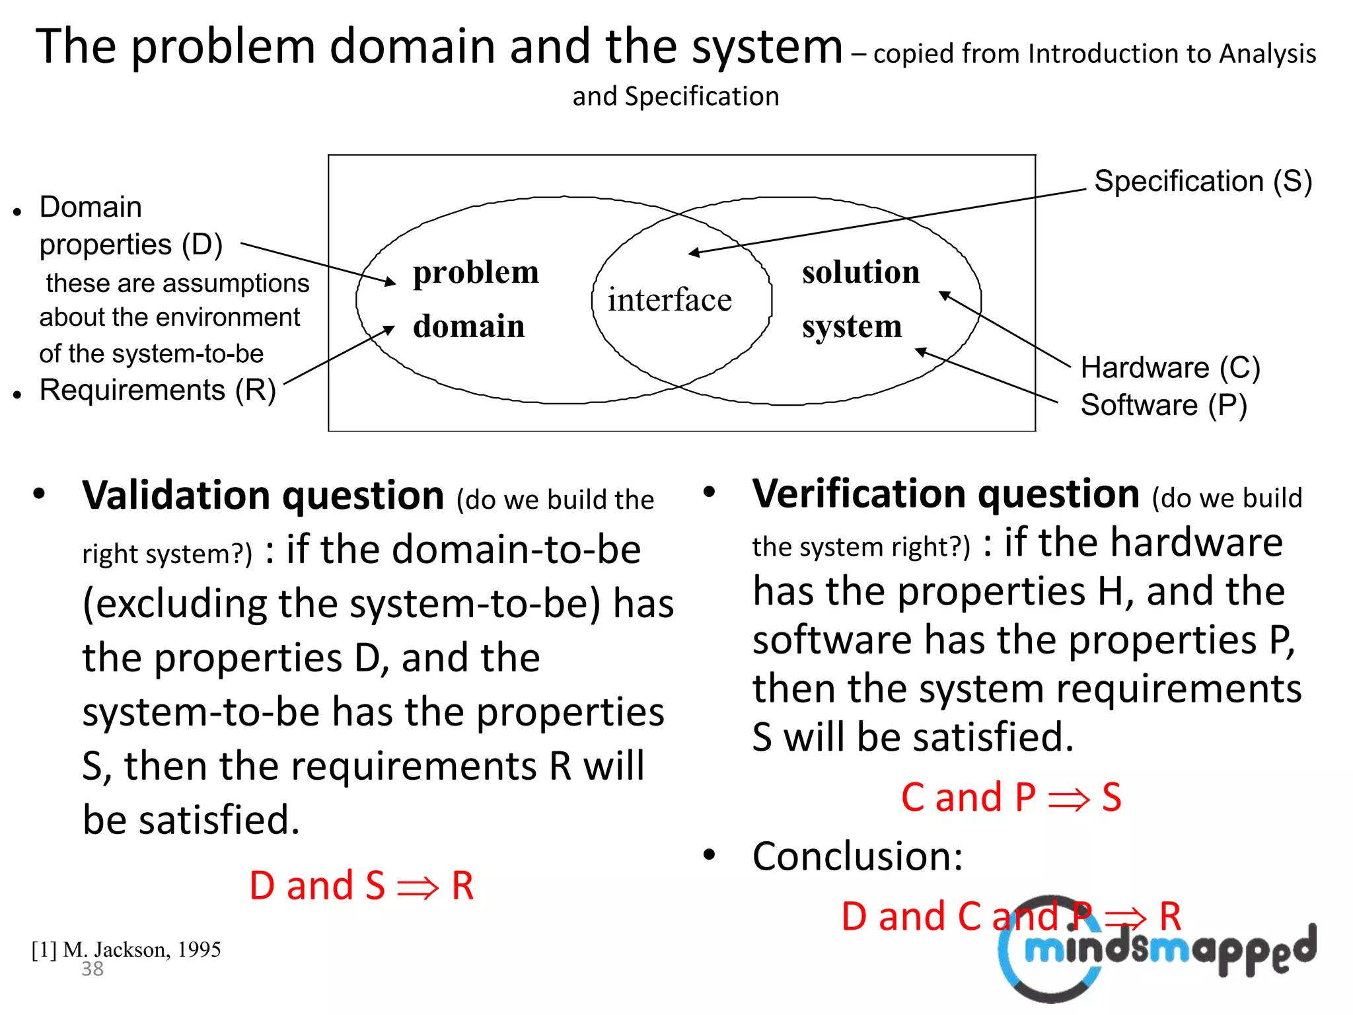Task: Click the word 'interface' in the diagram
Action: pos(669,300)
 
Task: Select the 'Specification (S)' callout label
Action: pos(1202,181)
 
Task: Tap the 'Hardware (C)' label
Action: pos(1170,367)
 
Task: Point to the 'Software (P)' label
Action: pos(1163,405)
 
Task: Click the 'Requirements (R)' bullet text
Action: pos(157,390)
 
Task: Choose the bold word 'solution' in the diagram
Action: pos(860,272)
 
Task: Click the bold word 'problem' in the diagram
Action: pos(476,272)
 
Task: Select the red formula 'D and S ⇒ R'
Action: pos(361,885)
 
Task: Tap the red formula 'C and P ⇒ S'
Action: pos(1011,797)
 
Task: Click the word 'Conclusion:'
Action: pos(858,856)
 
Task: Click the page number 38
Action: pos(92,969)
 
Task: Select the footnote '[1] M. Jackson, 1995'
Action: pos(126,950)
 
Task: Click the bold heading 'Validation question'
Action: pos(263,496)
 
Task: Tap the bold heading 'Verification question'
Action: pos(945,494)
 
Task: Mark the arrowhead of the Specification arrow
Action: pos(692,252)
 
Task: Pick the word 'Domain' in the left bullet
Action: pos(91,207)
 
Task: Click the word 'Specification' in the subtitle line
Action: pos(702,96)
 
